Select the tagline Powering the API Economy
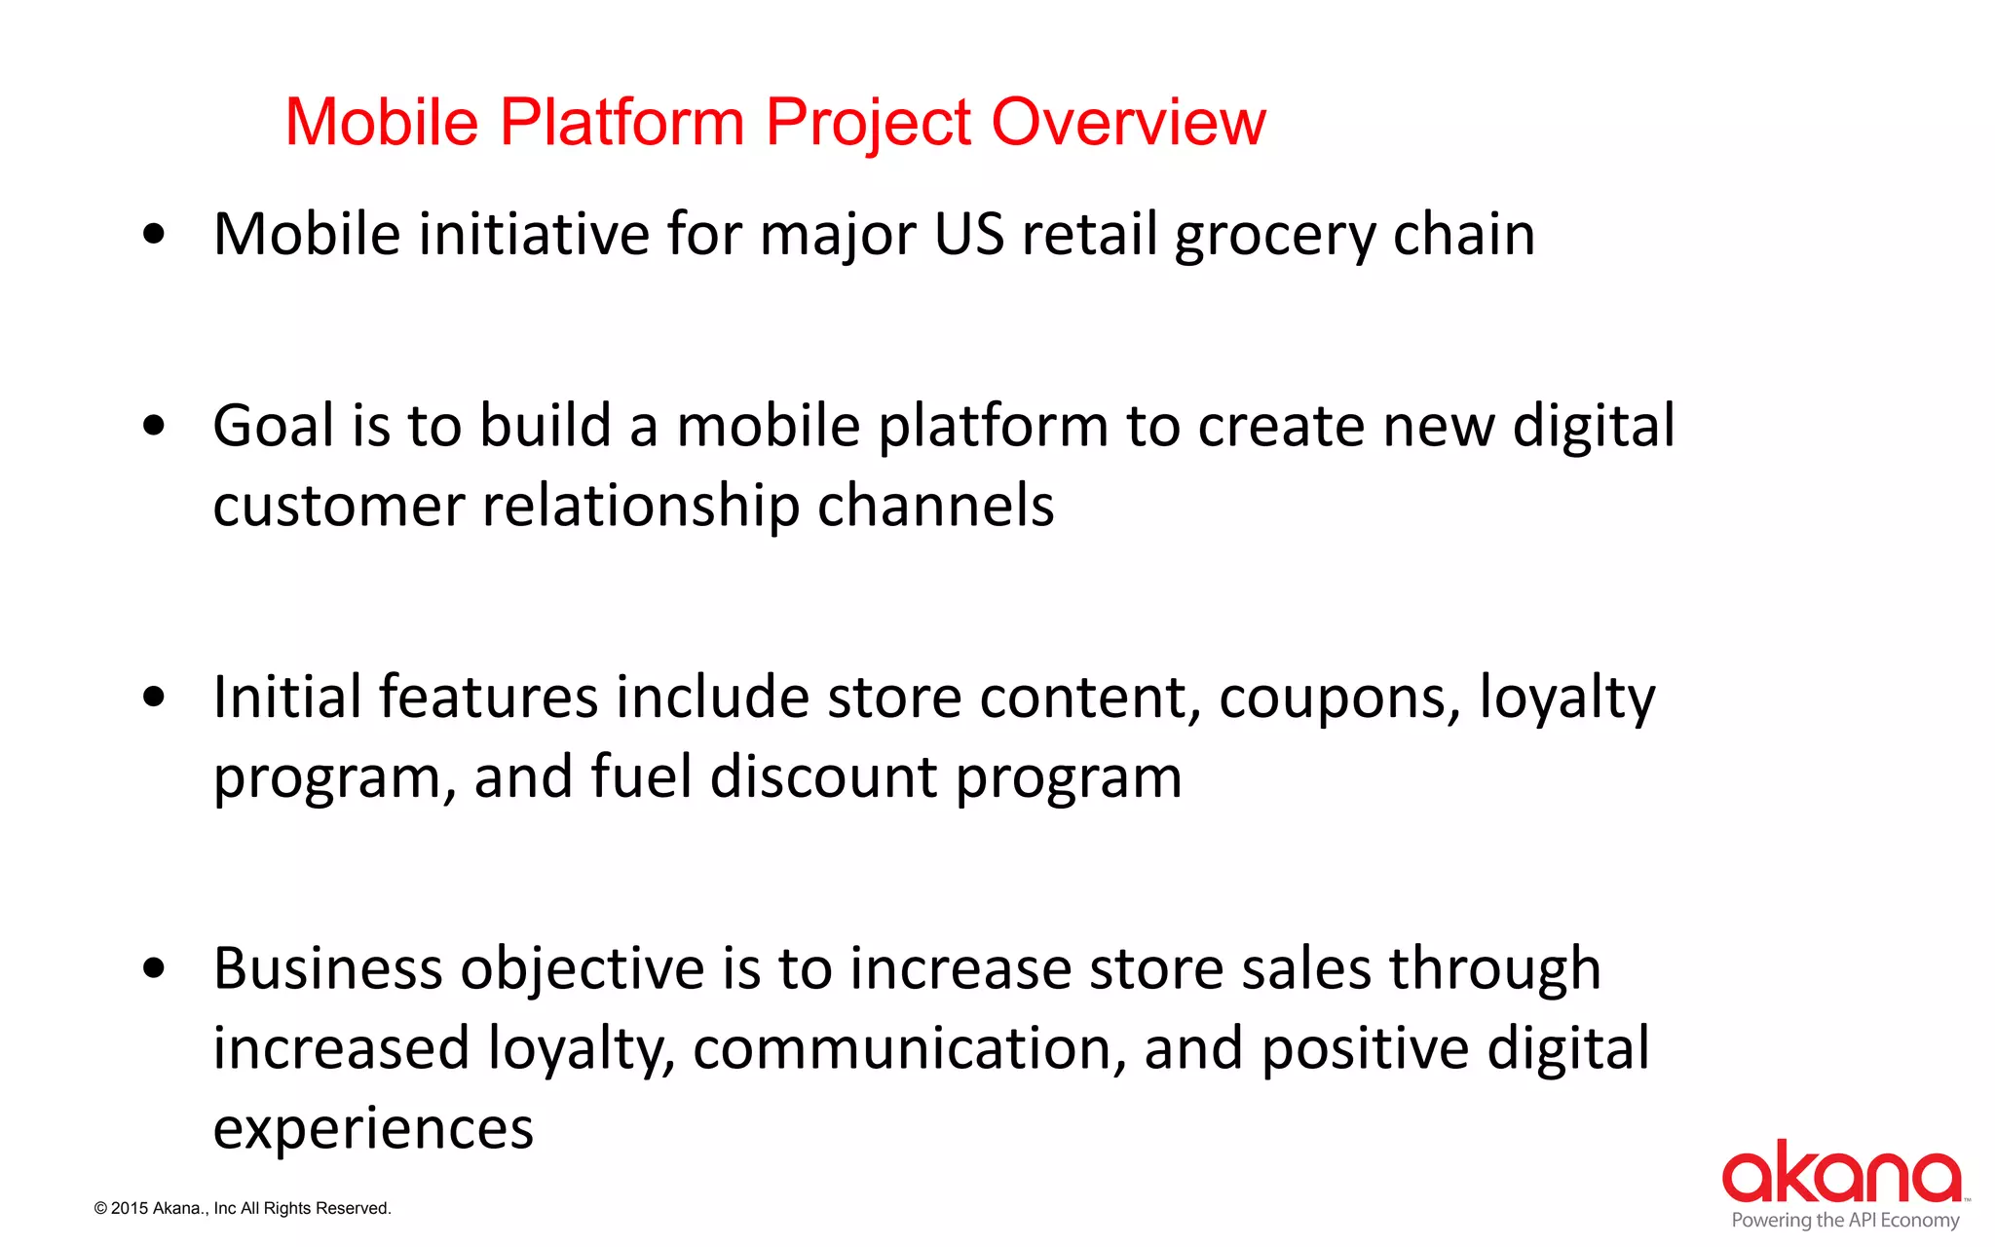click(1845, 1220)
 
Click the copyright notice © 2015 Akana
click(243, 1208)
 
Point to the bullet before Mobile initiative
click(154, 234)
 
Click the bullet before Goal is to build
click(154, 426)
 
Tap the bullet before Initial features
click(154, 697)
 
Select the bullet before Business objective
click(154, 968)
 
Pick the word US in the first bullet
click(968, 234)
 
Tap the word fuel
click(641, 777)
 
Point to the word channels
click(935, 507)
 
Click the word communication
click(909, 1049)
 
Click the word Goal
click(274, 427)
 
